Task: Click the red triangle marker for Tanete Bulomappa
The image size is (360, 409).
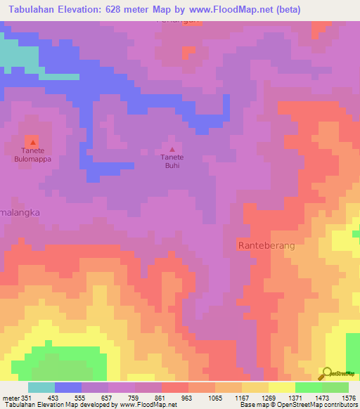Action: tap(32, 142)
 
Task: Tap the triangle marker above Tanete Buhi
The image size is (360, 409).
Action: tap(172, 148)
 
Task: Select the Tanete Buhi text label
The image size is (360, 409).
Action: tap(172, 162)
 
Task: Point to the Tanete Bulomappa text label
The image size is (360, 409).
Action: tap(32, 155)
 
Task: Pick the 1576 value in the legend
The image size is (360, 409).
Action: tap(348, 398)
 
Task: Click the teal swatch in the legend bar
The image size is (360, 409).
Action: tap(41, 387)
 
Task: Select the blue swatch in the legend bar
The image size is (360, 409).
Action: tap(68, 387)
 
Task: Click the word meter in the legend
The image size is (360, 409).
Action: tap(11, 398)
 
